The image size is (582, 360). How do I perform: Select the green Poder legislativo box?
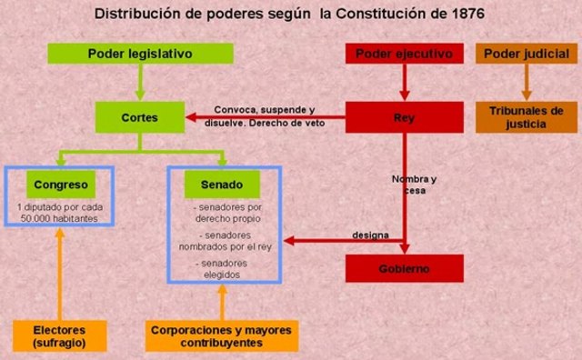point(139,54)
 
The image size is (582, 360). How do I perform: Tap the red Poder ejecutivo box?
point(405,54)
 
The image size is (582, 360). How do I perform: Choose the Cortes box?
point(139,117)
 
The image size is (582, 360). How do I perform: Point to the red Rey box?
point(405,117)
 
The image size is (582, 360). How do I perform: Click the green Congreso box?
point(59,185)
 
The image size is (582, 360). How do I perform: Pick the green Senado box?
point(214,185)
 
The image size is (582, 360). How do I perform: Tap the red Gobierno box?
point(405,268)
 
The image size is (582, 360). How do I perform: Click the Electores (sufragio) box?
point(59,335)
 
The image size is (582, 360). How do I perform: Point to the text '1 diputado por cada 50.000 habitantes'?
point(58,214)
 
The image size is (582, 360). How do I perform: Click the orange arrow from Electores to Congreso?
point(59,273)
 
